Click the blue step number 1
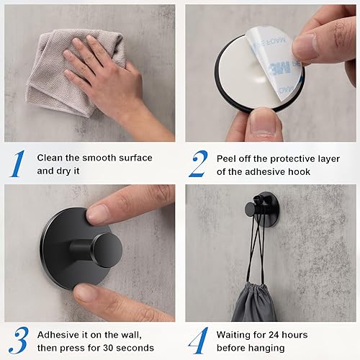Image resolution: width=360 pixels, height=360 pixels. coord(17,163)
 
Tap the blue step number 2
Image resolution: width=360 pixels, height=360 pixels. coord(197,163)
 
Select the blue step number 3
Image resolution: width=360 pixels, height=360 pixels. coord(17,341)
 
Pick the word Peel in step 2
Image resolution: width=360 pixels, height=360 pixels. coord(229,158)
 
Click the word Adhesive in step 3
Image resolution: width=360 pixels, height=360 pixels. coord(61,334)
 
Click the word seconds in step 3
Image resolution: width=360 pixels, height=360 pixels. coord(149,348)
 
